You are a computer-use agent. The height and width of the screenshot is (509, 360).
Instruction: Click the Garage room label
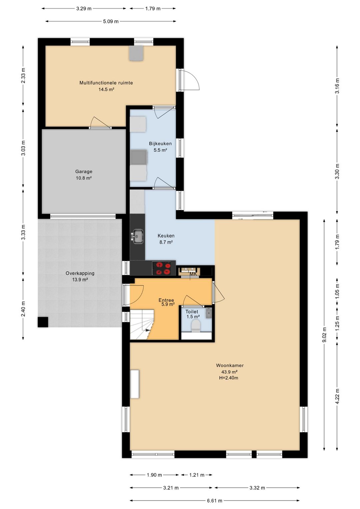(84, 171)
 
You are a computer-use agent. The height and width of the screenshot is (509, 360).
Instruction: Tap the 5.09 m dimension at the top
(111, 21)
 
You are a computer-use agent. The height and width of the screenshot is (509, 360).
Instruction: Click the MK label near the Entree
(193, 274)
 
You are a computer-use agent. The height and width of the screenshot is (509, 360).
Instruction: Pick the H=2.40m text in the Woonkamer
(227, 378)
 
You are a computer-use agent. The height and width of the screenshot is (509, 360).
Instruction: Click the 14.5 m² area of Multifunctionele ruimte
(106, 89)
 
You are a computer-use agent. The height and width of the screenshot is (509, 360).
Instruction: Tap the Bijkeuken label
(160, 143)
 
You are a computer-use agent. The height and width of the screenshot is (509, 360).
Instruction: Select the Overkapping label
(80, 273)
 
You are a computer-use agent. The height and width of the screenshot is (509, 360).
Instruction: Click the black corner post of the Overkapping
(43, 322)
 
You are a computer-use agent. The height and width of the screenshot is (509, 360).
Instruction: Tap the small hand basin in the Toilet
(209, 313)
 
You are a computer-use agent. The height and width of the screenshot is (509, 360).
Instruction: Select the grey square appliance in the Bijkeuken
(139, 157)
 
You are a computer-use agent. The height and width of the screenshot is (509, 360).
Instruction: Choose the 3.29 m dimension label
(84, 9)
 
